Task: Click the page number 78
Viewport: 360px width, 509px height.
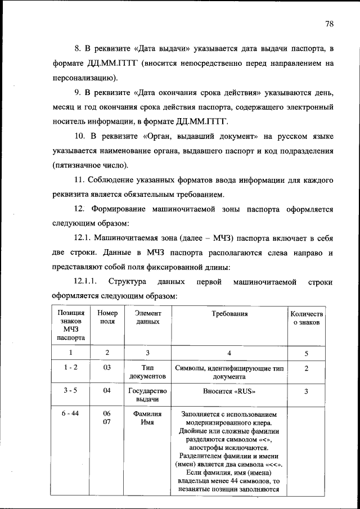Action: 330,24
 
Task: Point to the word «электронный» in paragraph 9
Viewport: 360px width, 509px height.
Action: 304,106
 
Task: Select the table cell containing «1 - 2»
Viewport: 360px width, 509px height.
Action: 71,368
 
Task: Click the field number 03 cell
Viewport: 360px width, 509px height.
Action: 107,368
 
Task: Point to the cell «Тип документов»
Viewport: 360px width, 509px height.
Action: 147,372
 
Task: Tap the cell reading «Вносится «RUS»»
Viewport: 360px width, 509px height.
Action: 229,391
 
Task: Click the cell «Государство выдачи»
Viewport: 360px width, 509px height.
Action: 147,395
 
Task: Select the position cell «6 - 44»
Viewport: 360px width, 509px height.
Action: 71,413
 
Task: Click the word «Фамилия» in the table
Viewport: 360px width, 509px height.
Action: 147,413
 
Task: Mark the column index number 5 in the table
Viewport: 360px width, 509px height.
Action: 306,353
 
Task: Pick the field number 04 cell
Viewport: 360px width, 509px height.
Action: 107,391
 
